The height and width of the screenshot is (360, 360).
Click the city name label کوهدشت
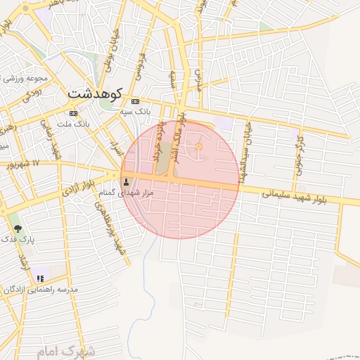coord(96,94)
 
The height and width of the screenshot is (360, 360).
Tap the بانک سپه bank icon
coord(135,101)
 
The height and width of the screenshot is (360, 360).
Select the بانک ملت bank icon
coord(73,113)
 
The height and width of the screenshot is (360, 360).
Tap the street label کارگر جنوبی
coord(300,150)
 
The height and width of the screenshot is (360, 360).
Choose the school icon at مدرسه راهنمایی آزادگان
coord(40,278)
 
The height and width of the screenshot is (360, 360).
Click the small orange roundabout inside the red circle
coord(198,146)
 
